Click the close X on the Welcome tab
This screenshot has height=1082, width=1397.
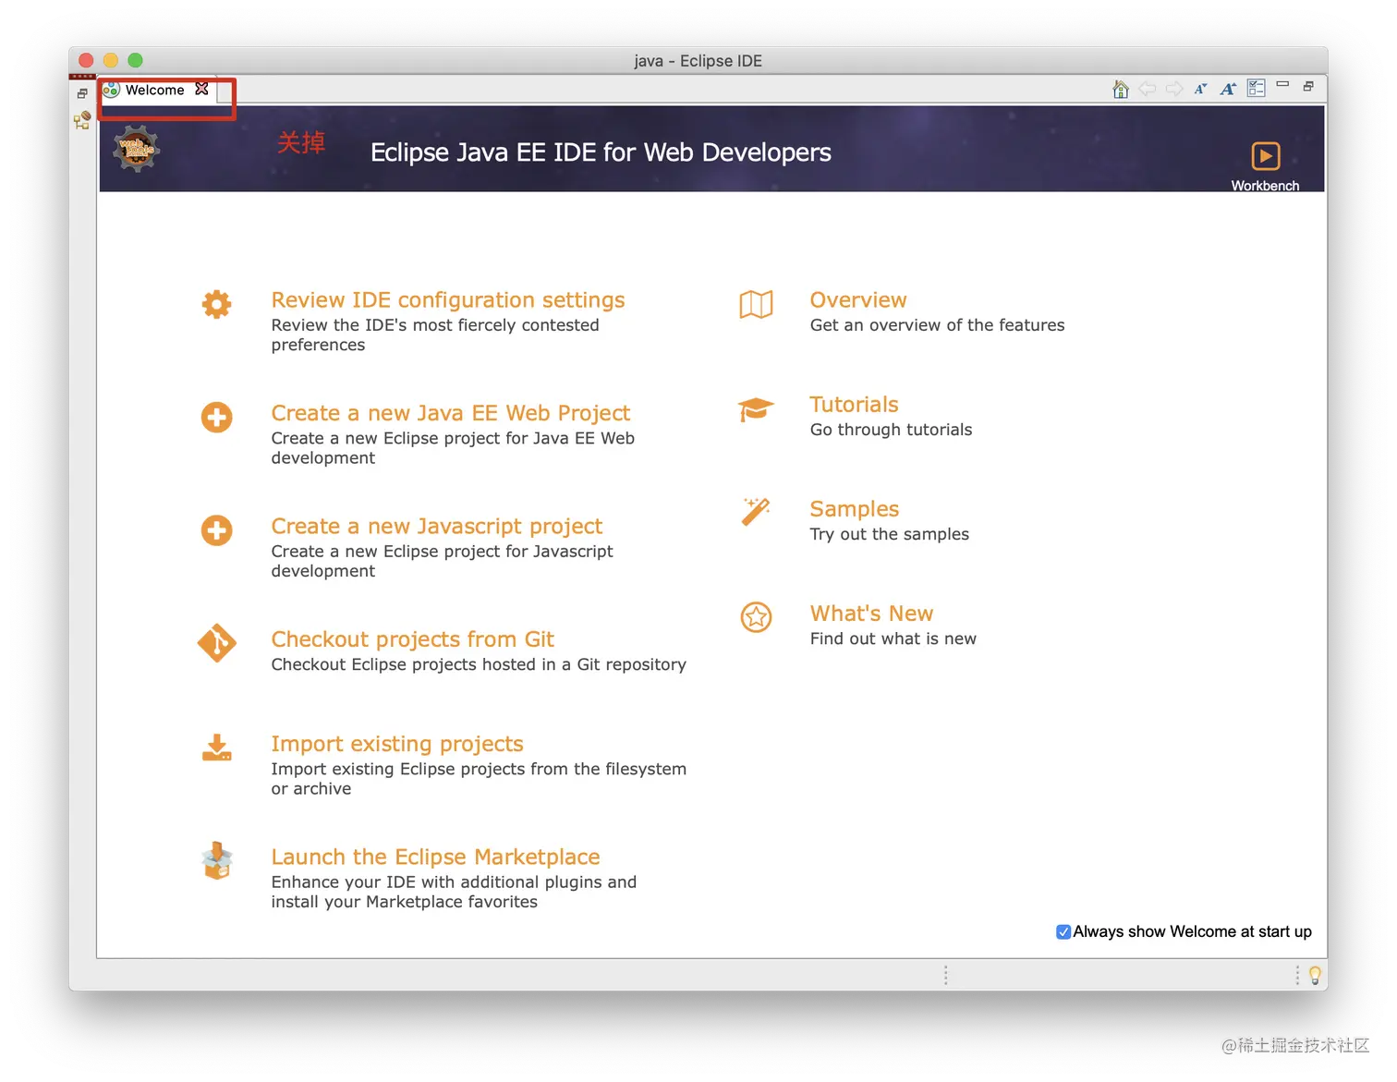tap(201, 89)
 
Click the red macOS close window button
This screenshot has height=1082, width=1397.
tap(86, 60)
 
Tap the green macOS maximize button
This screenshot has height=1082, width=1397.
tap(135, 60)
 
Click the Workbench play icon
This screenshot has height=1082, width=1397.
tap(1265, 155)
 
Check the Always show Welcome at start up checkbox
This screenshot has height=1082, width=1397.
tap(1063, 930)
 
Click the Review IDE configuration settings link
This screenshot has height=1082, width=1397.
tap(447, 299)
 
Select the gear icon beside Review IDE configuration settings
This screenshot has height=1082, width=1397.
tap(216, 304)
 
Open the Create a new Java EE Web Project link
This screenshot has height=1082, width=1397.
tap(450, 413)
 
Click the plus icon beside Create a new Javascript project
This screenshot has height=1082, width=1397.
tap(216, 530)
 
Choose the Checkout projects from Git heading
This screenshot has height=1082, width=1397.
tap(412, 639)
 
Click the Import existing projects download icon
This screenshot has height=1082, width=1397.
tap(216, 747)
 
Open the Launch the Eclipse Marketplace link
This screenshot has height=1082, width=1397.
tap(435, 857)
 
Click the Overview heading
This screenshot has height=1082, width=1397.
tap(857, 299)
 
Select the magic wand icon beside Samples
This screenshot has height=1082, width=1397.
tap(756, 512)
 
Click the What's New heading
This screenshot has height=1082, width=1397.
tap(871, 614)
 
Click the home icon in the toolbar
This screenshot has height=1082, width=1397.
tap(1120, 89)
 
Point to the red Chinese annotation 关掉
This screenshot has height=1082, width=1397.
tap(301, 142)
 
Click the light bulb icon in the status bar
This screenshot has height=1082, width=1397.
tap(1314, 976)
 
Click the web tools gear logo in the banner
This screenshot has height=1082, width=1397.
tap(137, 149)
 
